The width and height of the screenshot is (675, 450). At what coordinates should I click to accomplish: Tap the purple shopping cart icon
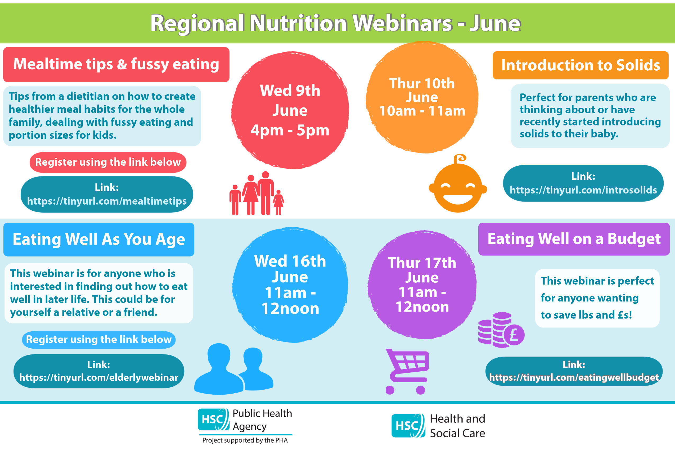[408, 372]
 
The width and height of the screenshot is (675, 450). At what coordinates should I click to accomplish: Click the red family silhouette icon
[256, 193]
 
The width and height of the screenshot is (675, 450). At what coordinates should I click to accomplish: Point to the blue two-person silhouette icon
[234, 368]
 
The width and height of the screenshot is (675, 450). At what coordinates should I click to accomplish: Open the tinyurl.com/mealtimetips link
[107, 201]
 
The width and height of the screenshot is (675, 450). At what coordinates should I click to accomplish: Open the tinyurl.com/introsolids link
[583, 190]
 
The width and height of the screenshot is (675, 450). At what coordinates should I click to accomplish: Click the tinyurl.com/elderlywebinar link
[99, 377]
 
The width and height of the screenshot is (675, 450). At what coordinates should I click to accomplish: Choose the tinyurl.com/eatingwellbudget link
[574, 377]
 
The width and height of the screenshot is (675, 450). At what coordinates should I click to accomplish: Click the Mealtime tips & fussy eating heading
[116, 64]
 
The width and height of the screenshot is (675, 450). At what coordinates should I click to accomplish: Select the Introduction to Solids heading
[580, 65]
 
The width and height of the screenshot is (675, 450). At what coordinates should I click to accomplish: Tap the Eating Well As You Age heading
[99, 239]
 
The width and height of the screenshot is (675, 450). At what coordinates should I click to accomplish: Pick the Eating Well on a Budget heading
[574, 239]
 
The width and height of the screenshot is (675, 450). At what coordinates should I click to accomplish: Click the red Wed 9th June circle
[290, 110]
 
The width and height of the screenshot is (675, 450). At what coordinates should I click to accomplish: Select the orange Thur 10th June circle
[422, 97]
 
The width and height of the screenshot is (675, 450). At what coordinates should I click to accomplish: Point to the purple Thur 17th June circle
[422, 285]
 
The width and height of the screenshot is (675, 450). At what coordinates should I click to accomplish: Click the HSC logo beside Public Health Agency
[214, 420]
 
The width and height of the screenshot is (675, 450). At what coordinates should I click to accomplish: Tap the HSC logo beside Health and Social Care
[408, 426]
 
